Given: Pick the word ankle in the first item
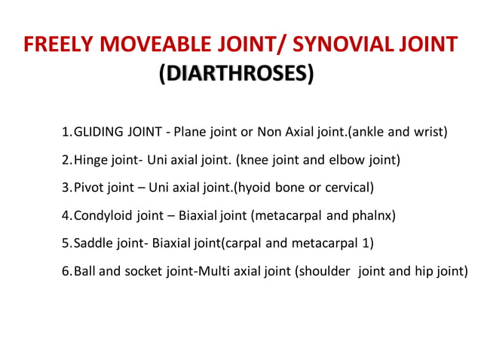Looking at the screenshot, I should click(373, 133).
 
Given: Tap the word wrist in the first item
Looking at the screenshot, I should click(430, 133).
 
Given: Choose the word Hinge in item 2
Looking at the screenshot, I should click(90, 160).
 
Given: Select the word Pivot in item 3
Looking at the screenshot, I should click(89, 188).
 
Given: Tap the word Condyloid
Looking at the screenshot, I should click(103, 215).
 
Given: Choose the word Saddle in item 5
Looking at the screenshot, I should click(92, 243).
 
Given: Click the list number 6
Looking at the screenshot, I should click(66, 270).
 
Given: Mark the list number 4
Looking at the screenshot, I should click(66, 215).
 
